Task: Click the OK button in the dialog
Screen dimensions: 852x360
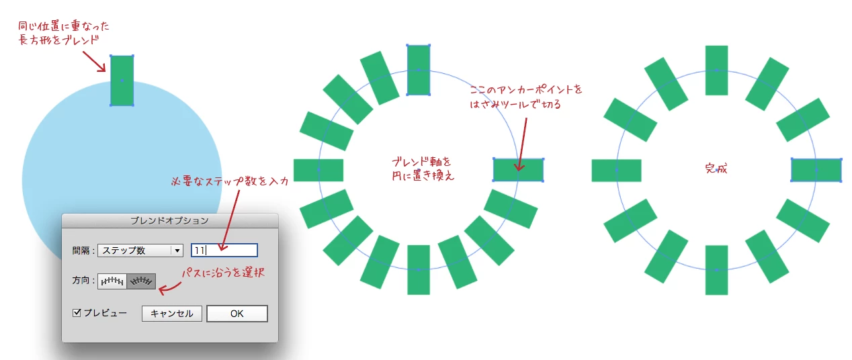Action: (237, 314)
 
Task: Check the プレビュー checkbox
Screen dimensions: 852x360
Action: (77, 313)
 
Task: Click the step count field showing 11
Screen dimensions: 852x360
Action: (224, 251)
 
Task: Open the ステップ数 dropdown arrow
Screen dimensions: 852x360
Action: (177, 251)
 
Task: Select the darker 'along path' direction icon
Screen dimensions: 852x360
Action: (141, 281)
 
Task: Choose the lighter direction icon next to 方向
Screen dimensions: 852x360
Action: (112, 281)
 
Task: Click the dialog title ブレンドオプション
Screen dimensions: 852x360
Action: (169, 221)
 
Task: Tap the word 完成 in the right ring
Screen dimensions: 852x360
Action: (716, 168)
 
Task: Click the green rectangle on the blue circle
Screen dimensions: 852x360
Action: (122, 81)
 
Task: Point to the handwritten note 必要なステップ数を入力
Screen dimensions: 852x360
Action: (230, 181)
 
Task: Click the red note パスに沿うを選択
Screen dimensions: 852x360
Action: (223, 272)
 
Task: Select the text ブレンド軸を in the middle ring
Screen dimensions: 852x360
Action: (421, 162)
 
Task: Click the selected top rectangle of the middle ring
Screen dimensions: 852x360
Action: (419, 70)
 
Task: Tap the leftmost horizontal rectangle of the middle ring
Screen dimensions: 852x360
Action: (318, 170)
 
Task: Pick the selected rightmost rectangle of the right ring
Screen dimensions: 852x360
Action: (816, 170)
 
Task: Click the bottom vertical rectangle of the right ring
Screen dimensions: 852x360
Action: (716, 270)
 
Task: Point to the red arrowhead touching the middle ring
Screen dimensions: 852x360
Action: (519, 167)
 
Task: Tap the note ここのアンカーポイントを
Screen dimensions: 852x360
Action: (526, 90)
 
